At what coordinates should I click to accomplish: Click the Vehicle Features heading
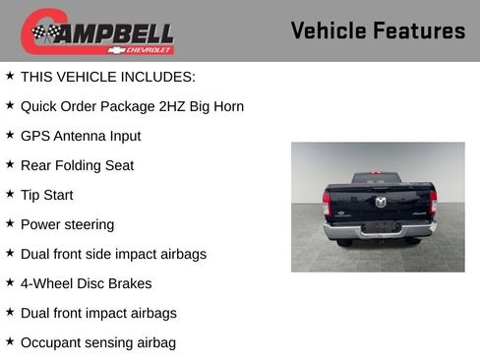pos(378,30)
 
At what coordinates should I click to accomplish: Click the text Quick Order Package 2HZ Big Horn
pos(132,106)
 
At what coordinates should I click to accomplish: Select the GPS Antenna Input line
pos(81,136)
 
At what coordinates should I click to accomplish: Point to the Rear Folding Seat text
pos(77,165)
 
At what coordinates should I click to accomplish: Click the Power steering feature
pos(67,224)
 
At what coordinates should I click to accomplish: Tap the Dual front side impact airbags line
pos(113,254)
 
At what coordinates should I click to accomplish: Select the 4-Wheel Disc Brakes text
pos(86,283)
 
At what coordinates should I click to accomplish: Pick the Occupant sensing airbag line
pos(98,342)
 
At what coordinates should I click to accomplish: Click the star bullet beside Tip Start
pos(10,194)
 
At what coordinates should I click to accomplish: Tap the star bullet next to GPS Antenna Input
pos(10,135)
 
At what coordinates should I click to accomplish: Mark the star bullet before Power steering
pos(10,223)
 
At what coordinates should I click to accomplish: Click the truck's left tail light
pos(327,204)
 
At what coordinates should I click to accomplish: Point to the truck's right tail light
pos(433,203)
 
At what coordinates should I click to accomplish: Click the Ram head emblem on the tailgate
pos(381,202)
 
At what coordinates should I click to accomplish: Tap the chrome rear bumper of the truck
pos(380,229)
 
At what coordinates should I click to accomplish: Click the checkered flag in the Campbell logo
pos(44,32)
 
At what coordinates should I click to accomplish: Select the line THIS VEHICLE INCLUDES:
pos(108,77)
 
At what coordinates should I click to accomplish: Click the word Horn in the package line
pos(227,106)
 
